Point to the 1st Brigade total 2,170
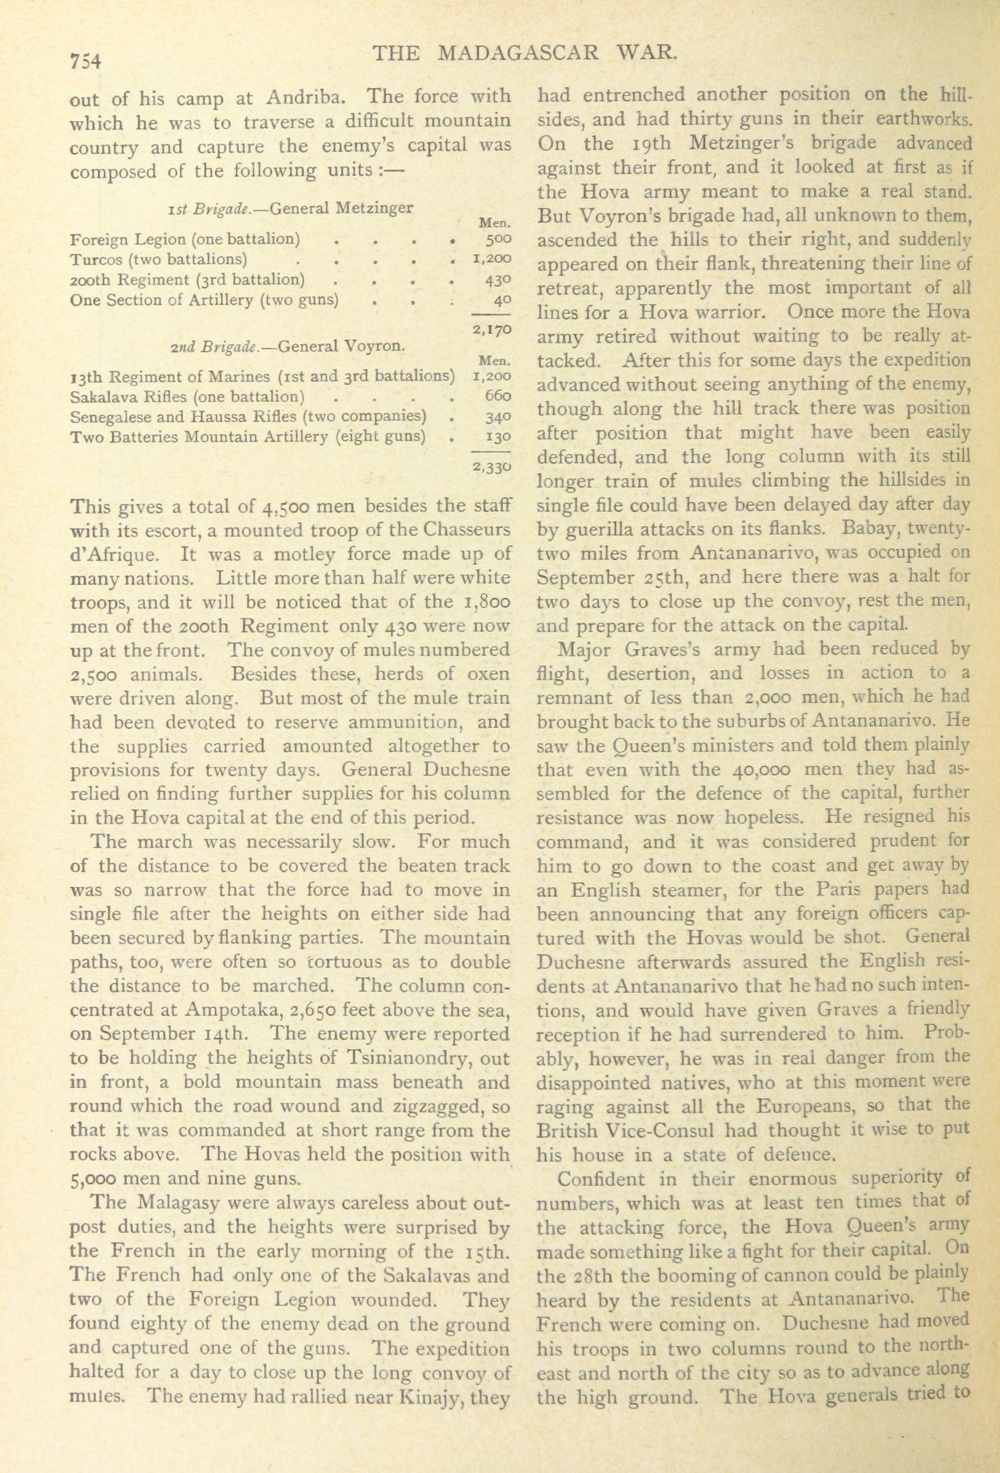pos(492,329)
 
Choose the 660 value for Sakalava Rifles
pos(498,397)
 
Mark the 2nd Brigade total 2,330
pos(492,467)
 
